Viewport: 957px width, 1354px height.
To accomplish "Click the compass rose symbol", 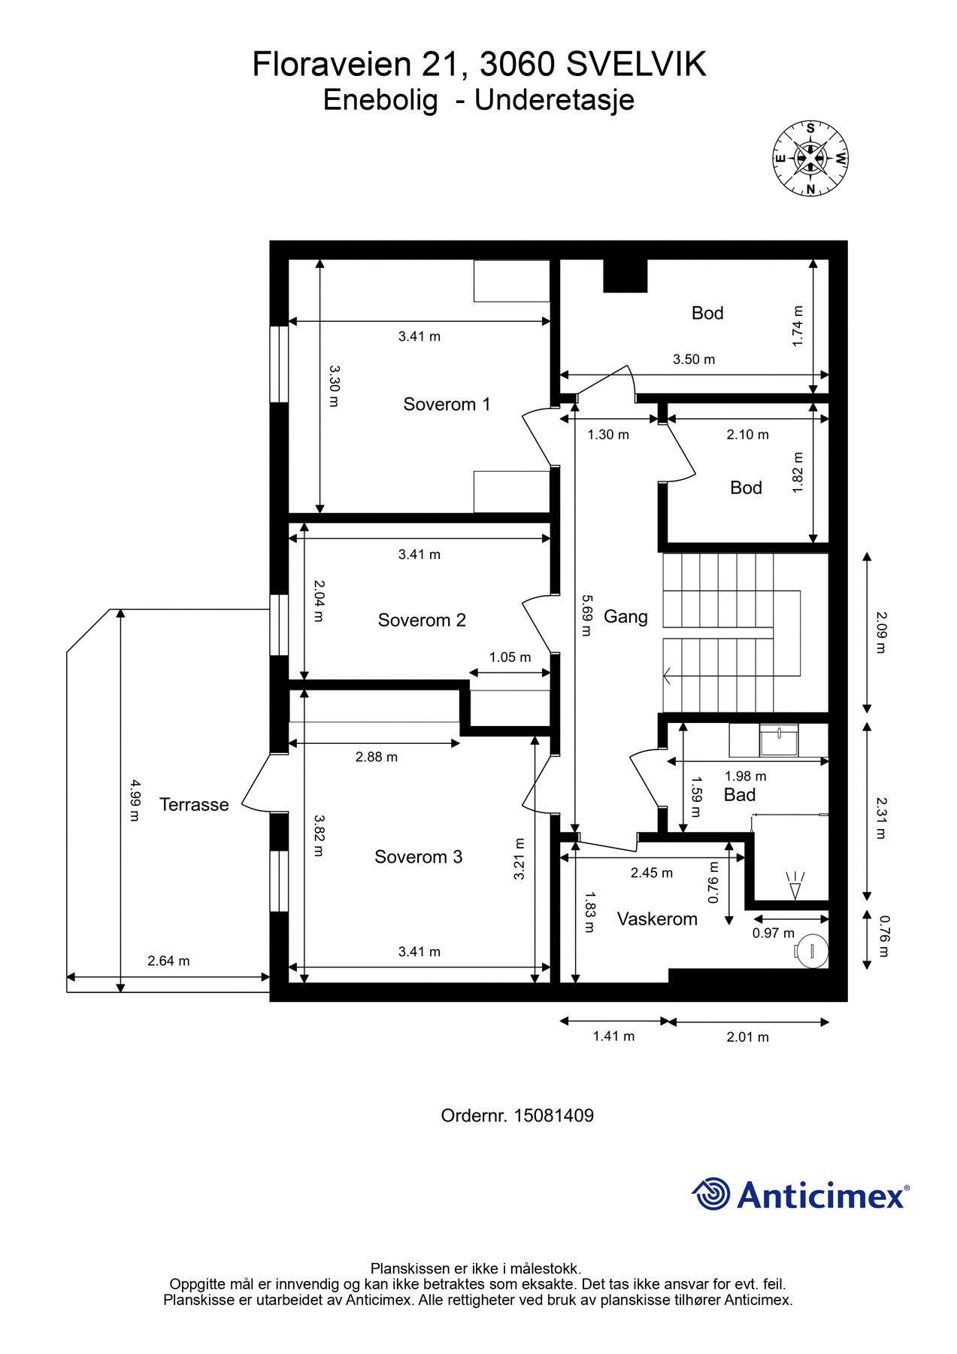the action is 810,158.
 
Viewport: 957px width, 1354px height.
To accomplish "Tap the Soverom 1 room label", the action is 447,405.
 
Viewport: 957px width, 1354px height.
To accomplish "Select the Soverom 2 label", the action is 422,621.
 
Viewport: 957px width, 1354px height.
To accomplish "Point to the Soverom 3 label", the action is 419,858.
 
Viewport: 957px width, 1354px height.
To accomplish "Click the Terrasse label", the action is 194,805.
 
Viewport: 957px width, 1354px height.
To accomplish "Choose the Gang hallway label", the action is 625,617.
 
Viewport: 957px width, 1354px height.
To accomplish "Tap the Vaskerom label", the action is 657,919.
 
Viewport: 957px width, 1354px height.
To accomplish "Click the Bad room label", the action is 740,795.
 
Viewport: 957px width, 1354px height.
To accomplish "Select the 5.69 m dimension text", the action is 586,616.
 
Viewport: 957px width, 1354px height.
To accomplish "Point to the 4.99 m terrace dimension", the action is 134,800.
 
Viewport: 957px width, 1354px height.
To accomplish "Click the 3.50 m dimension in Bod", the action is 694,360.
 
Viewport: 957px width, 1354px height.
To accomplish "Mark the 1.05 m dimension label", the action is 510,657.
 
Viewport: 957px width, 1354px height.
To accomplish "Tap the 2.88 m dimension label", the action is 377,757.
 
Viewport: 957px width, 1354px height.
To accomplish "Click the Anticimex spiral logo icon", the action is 711,1194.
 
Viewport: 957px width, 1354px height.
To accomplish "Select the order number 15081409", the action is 553,1116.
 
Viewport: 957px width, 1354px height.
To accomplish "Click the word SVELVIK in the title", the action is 636,65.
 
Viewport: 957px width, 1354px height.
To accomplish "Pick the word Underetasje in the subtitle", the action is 555,100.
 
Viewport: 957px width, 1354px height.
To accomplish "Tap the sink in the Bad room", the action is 778,740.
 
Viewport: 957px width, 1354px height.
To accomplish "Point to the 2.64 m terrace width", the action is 168,961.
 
